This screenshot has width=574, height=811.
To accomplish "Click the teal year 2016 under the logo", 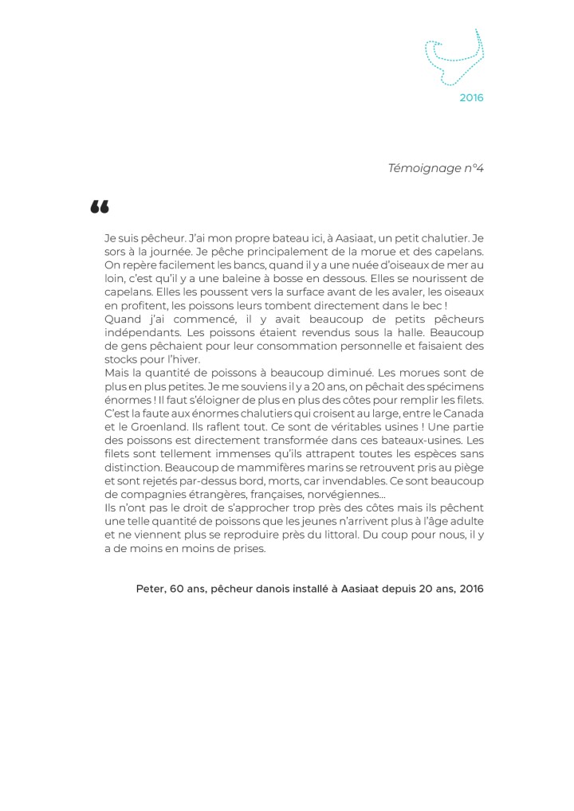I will pyautogui.click(x=471, y=99).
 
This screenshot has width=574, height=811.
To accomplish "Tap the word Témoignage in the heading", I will pyautogui.click(x=424, y=168).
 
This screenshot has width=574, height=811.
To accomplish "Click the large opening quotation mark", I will pyautogui.click(x=99, y=208).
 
